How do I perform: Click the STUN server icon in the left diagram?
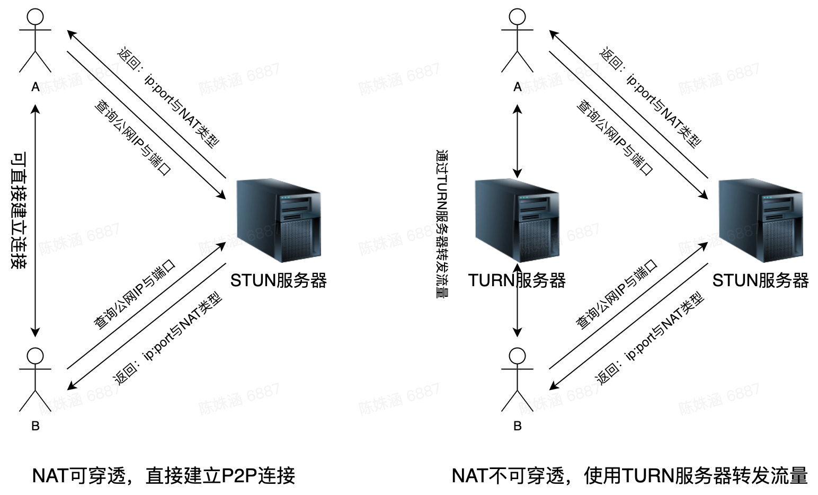coord(278,220)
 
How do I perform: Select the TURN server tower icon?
coord(517,220)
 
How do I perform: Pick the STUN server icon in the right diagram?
coord(760,220)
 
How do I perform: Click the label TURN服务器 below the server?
coord(517,280)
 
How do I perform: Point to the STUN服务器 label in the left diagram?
coord(278,280)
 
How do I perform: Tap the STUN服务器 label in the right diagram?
coord(760,280)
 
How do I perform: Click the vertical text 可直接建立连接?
coord(19,210)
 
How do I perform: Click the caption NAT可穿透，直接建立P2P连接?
coord(164,475)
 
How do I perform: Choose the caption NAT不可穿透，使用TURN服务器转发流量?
coord(629,475)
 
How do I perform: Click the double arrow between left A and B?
coord(35,220)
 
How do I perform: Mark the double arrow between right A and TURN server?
coord(517,140)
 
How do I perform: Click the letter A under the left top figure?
coord(35,87)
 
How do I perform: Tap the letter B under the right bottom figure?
coord(518,426)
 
